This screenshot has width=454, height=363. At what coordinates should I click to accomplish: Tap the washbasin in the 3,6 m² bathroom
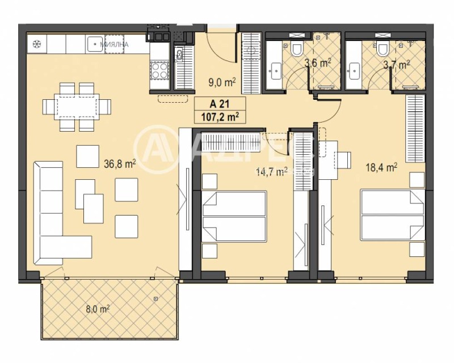(x=276, y=71)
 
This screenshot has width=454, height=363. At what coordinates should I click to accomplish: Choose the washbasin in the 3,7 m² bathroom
(x=355, y=71)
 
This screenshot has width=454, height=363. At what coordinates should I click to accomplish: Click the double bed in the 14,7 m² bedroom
(x=234, y=216)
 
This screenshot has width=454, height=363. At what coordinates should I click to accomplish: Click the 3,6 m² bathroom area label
(x=318, y=63)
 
